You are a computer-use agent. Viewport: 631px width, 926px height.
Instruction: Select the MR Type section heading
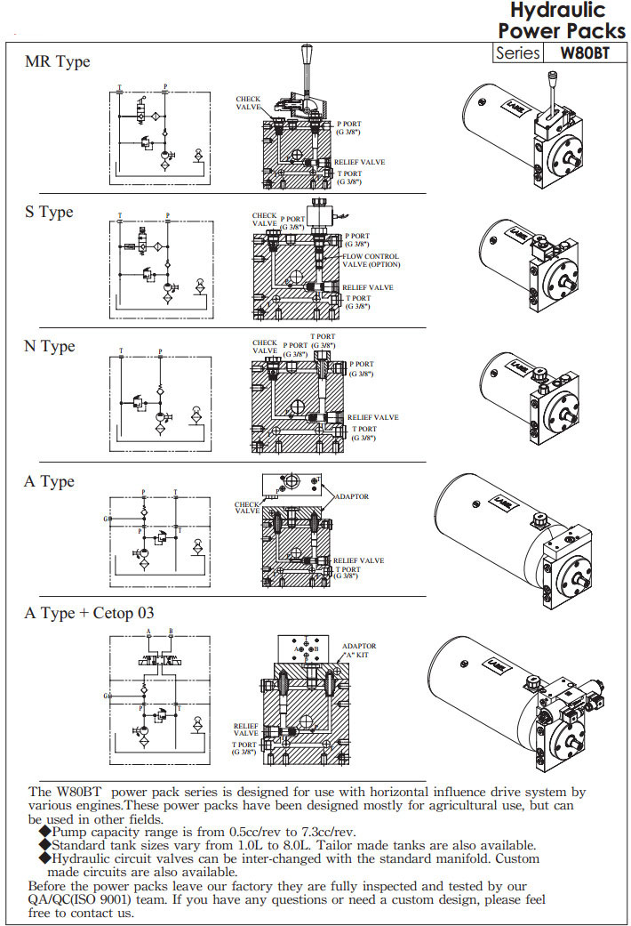coord(57,62)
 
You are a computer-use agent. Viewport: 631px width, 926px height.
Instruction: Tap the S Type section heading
coord(49,213)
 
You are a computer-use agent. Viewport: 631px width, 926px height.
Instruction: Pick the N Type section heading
coord(50,346)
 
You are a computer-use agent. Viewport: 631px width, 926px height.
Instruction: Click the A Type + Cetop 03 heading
coord(90,614)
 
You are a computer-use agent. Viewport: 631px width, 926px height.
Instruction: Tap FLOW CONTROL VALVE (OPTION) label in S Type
coord(371,261)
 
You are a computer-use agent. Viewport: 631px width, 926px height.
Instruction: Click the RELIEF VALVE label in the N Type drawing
coord(372,417)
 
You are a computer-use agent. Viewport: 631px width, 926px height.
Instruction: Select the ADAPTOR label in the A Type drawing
coord(351,496)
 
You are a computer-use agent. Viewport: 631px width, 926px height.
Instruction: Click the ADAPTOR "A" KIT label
coord(359,650)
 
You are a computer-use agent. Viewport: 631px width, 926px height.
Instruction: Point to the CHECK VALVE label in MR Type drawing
coord(248,103)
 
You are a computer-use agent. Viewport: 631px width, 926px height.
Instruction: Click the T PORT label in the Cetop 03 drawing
coord(244,748)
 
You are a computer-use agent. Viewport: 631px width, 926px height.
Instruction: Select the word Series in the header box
coord(518,52)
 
